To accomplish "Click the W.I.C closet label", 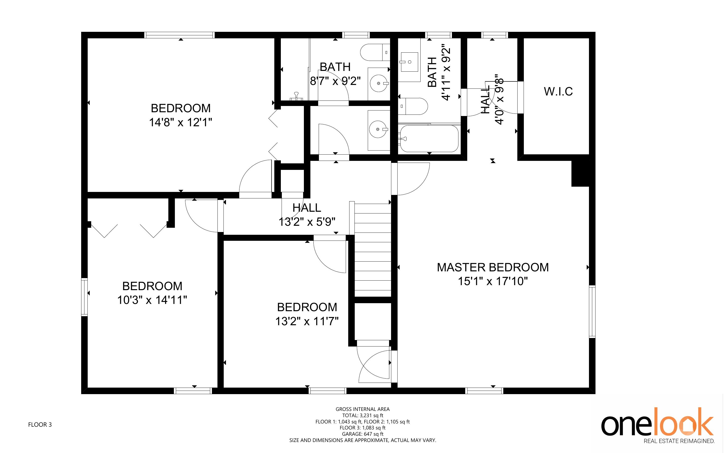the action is coord(558,91).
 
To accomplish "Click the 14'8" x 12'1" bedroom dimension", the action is coord(181,122).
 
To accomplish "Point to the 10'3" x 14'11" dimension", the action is coord(152,300).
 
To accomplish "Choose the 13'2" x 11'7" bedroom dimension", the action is coord(307,321).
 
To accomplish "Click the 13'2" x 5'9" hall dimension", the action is coord(307,222).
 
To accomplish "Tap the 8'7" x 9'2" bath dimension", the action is coord(335,81).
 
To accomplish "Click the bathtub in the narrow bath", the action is coord(429,138).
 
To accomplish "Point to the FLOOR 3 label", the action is coord(40,424).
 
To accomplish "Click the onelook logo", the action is coord(658,421).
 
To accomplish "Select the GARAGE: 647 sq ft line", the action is coord(363,434).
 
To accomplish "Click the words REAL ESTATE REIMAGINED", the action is coord(679,441).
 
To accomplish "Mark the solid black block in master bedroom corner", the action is coord(580,173).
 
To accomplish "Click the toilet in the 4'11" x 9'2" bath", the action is coord(413,106).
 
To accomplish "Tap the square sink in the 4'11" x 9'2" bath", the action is coord(409,62).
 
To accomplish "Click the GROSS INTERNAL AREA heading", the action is coord(363,409).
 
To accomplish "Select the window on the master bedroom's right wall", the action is coord(592,312).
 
